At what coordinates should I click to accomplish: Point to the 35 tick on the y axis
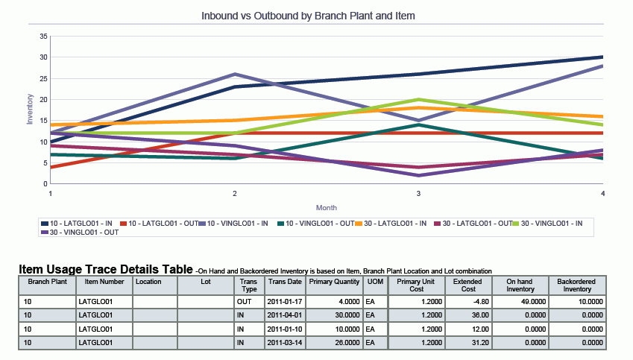pyautogui.click(x=43, y=36)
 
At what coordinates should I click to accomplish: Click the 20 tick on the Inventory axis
pyautogui.click(x=43, y=99)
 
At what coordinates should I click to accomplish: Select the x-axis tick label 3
pyautogui.click(x=418, y=194)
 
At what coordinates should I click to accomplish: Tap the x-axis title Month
pyautogui.click(x=327, y=207)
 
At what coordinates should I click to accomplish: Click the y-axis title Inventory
pyautogui.click(x=30, y=108)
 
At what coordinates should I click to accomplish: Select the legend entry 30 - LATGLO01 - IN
pyautogui.click(x=396, y=223)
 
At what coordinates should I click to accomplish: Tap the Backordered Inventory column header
pyautogui.click(x=576, y=285)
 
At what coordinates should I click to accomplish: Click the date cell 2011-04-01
pyautogui.click(x=284, y=315)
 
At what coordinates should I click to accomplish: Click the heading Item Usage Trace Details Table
pyautogui.click(x=104, y=268)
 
